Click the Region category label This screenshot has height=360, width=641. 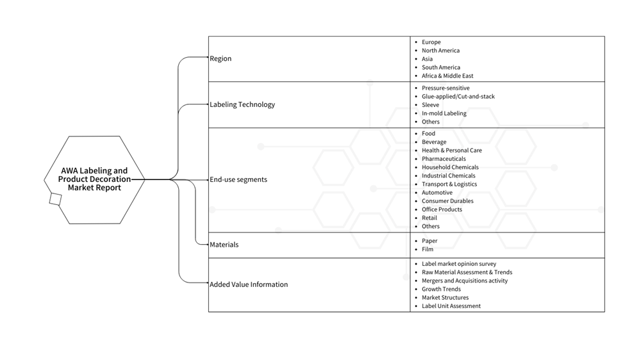pyautogui.click(x=221, y=59)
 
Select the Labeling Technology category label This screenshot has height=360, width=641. pyautogui.click(x=242, y=105)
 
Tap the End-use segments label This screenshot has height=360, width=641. pyautogui.click(x=238, y=180)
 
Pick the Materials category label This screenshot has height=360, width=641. pyautogui.click(x=224, y=245)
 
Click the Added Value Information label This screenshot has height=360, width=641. pyautogui.click(x=249, y=284)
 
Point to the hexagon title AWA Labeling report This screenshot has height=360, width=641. pyautogui.click(x=94, y=179)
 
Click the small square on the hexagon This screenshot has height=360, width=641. pyautogui.click(x=55, y=199)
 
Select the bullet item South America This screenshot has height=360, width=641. pyautogui.click(x=440, y=67)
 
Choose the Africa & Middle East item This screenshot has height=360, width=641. pyautogui.click(x=447, y=76)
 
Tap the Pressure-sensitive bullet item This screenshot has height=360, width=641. pyautogui.click(x=445, y=88)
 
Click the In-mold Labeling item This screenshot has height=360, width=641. pyautogui.click(x=444, y=113)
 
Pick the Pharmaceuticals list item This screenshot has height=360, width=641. pyautogui.click(x=444, y=159)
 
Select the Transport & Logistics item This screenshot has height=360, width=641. pyautogui.click(x=449, y=184)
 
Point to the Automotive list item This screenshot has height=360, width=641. pyautogui.click(x=437, y=193)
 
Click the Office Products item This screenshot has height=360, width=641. pyautogui.click(x=442, y=209)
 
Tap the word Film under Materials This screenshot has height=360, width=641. pyautogui.click(x=428, y=250)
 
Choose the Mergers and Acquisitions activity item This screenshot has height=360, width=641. pyautogui.click(x=464, y=281)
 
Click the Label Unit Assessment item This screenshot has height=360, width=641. pyautogui.click(x=451, y=306)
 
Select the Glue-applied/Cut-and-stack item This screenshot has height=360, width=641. pyautogui.click(x=458, y=97)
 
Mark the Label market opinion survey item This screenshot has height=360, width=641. pyautogui.click(x=458, y=264)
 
